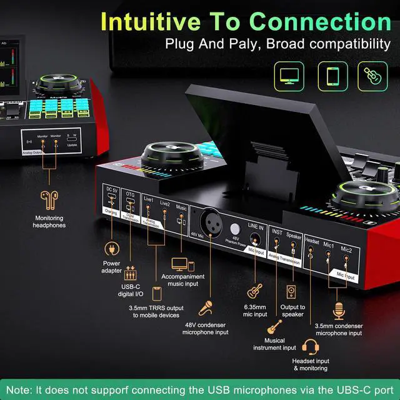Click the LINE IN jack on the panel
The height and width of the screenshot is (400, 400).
pos(256,239)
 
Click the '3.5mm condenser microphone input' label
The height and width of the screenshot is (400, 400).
pos(339,329)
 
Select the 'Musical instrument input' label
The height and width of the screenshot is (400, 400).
pos(275,344)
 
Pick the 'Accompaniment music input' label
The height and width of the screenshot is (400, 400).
pos(183,280)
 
